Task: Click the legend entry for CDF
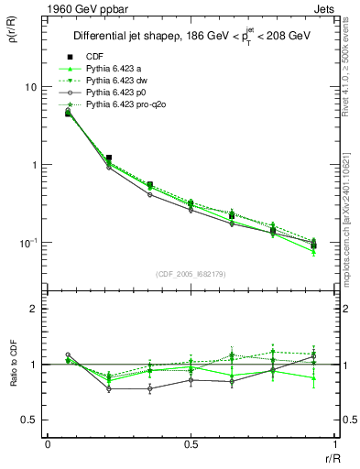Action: coord(93,56)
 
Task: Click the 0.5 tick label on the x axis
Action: coord(191,444)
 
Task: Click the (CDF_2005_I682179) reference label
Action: coord(191,274)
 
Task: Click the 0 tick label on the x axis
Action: coord(48,444)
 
